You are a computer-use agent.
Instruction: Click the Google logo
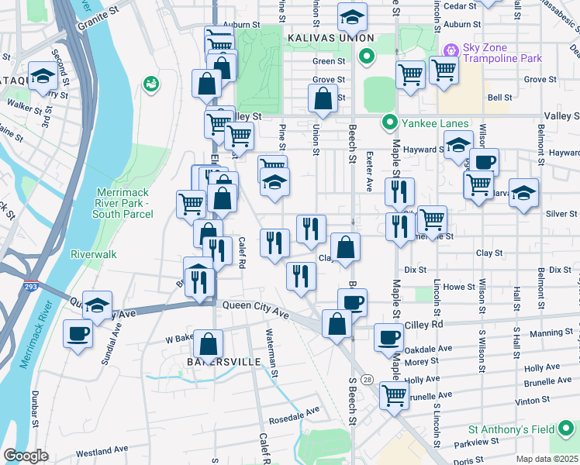pyautogui.click(x=26, y=456)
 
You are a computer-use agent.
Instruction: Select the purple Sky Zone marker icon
pyautogui.click(x=450, y=50)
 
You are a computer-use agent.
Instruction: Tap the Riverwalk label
pyautogui.click(x=93, y=253)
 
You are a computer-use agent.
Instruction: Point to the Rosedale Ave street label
pyautogui.click(x=294, y=413)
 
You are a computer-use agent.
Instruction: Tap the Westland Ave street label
pyautogui.click(x=102, y=449)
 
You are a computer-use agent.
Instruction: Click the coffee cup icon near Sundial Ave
pyautogui.click(x=77, y=335)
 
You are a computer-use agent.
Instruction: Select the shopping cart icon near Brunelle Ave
pyautogui.click(x=394, y=394)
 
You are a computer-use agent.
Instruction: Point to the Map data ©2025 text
pyautogui.click(x=547, y=459)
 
